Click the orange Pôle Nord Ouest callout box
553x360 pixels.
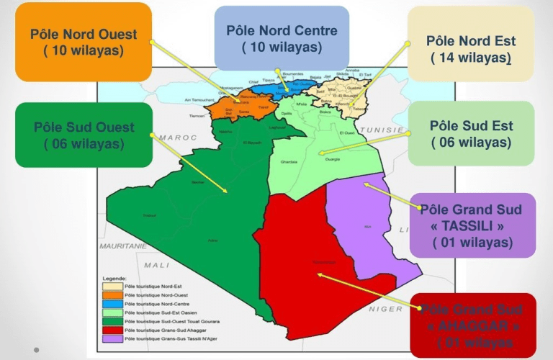point(83,42)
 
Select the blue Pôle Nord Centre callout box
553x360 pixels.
point(282,38)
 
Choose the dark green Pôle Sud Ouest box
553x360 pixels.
point(84,135)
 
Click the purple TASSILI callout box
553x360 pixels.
point(472,225)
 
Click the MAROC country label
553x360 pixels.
point(173,136)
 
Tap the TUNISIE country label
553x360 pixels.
point(382,130)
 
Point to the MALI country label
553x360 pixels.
point(156,265)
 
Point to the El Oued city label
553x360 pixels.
point(346,133)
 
